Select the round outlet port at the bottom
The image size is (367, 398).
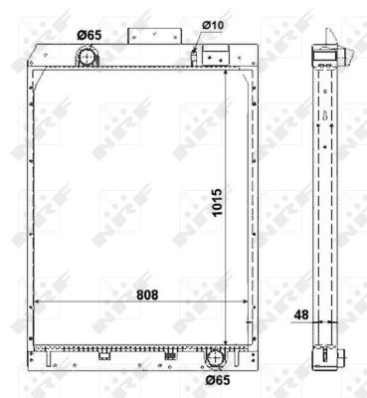[x=217, y=358]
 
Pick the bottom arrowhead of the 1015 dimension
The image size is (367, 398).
[x=231, y=339]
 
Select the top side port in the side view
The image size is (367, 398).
[x=325, y=60]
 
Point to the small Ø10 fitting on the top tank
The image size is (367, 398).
[x=196, y=56]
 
